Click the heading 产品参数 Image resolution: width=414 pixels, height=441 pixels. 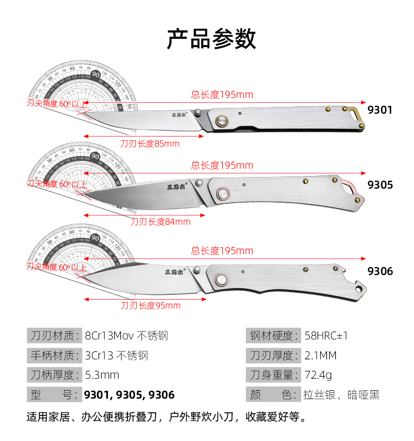(x=211, y=39)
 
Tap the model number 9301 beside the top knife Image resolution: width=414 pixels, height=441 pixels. (x=380, y=110)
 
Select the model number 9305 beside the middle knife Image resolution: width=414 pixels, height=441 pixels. (x=380, y=185)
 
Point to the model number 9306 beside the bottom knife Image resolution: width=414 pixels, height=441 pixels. (x=380, y=271)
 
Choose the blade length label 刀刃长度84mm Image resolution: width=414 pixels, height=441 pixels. (x=160, y=222)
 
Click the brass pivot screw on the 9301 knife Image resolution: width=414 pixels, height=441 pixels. (x=222, y=120)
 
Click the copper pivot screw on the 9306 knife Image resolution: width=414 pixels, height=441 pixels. (x=221, y=281)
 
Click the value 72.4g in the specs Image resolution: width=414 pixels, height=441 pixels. (x=318, y=375)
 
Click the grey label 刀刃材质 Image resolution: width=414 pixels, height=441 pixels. (x=53, y=336)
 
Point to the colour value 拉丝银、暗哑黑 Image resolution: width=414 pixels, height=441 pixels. (x=341, y=395)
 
